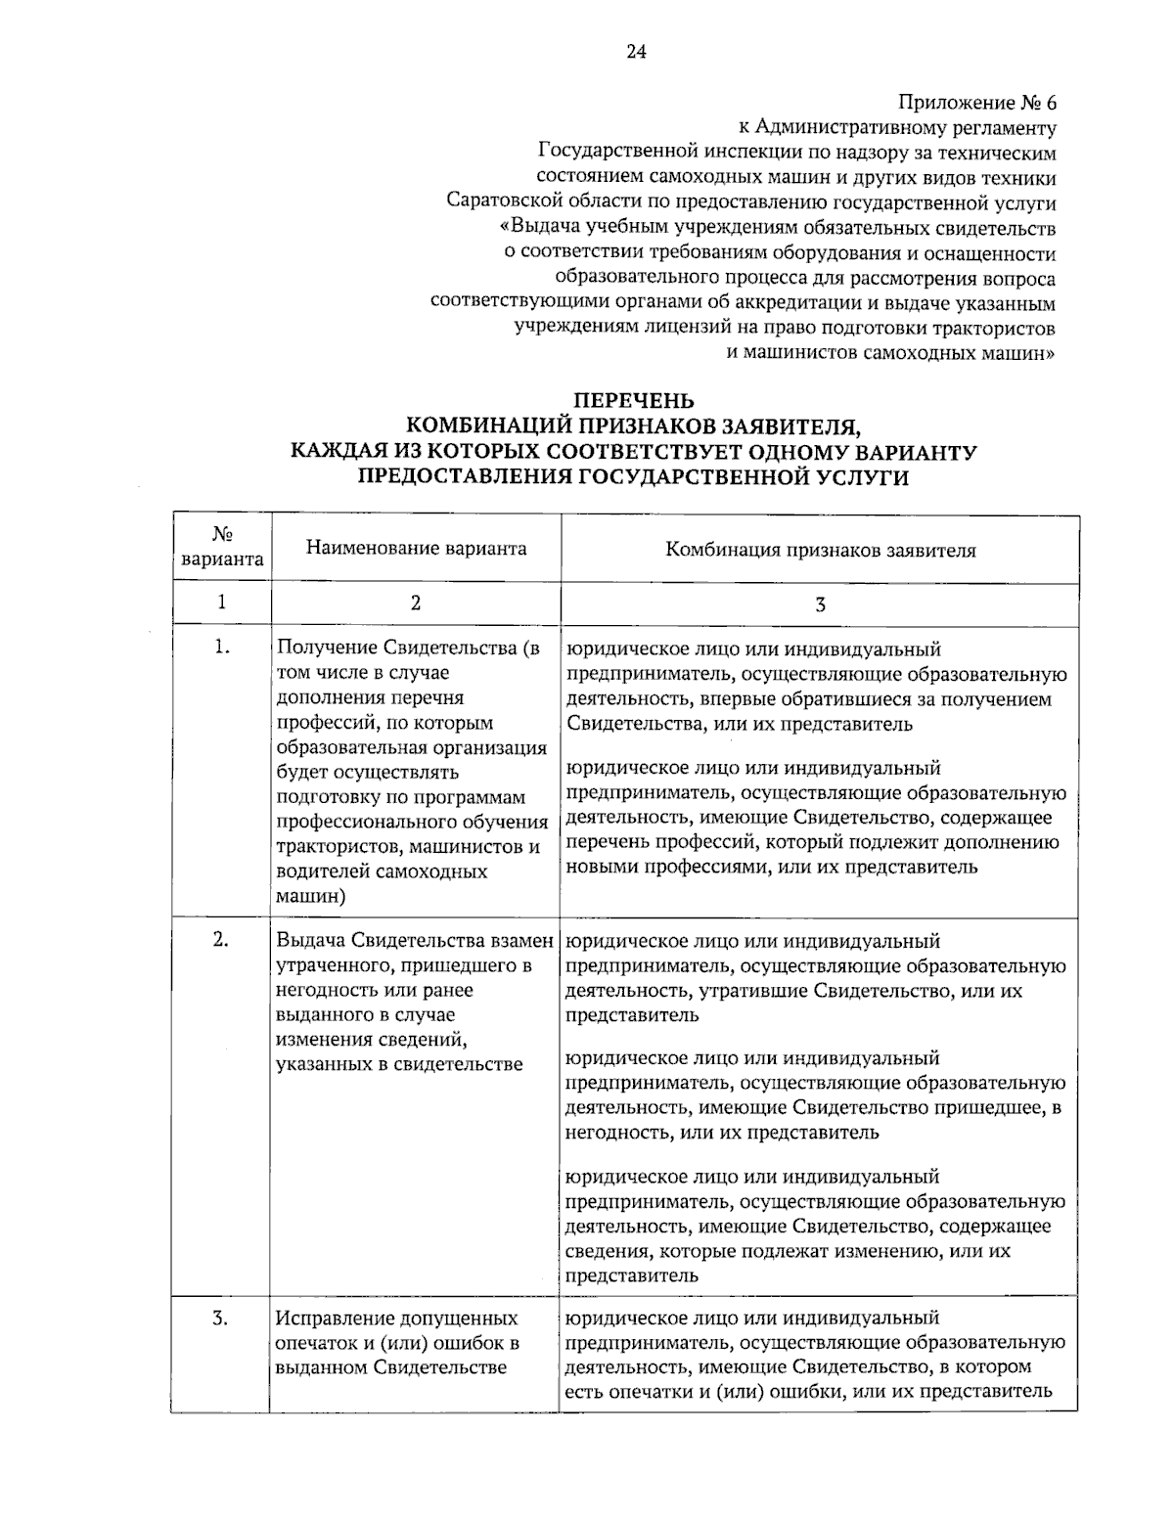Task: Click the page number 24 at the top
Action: [x=636, y=52]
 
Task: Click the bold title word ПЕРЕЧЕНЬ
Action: [x=633, y=401]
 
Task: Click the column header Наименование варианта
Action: [x=416, y=548]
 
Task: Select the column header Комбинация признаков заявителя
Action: [x=820, y=550]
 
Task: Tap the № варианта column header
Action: [x=222, y=548]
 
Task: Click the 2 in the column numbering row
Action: [x=416, y=603]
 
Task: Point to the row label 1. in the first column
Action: [x=222, y=647]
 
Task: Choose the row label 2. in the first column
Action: [x=222, y=939]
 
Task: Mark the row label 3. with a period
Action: [x=222, y=1318]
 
